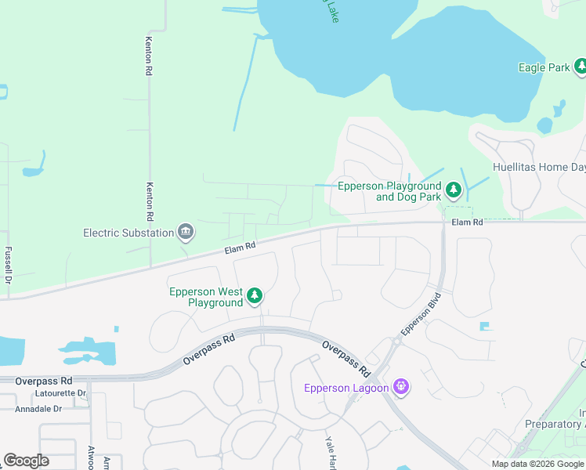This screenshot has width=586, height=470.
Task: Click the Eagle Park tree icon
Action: click(581, 68)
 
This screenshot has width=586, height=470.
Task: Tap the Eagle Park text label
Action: click(544, 68)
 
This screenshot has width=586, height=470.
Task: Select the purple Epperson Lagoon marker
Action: click(402, 388)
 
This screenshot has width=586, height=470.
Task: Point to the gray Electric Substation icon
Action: click(186, 232)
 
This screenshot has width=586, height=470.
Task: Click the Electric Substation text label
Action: click(128, 233)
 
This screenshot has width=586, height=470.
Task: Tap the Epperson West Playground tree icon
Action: click(254, 296)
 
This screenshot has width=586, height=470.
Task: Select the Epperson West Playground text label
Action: click(206, 297)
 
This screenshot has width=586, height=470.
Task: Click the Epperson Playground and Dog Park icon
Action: click(453, 190)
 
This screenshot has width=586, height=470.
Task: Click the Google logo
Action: click(26, 461)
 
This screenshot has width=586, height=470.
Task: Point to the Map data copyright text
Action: click(537, 464)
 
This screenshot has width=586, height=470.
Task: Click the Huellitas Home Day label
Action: click(538, 166)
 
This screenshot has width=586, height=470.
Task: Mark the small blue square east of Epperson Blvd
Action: click(484, 326)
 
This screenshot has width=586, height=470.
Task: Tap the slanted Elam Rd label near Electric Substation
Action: click(240, 248)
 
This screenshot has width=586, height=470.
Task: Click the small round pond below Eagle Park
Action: click(544, 125)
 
